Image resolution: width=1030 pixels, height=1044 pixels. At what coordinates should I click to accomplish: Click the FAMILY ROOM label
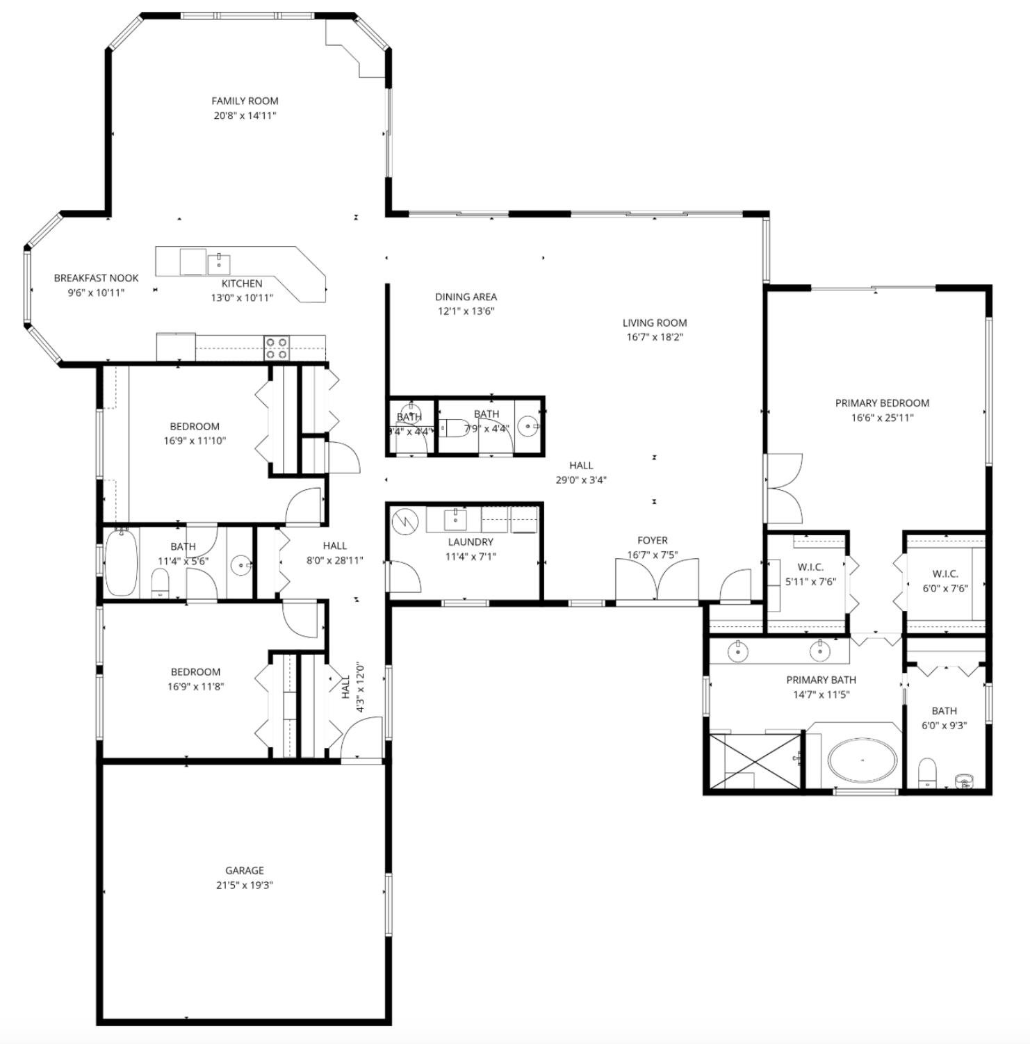pyautogui.click(x=245, y=101)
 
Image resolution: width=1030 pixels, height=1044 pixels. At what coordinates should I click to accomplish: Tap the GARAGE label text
pyautogui.click(x=245, y=870)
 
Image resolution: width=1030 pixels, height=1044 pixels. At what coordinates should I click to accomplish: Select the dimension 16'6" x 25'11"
pyautogui.click(x=882, y=418)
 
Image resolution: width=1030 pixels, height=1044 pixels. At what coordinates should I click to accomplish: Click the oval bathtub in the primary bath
pyautogui.click(x=862, y=760)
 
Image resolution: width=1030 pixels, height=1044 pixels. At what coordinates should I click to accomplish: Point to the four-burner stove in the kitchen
pyautogui.click(x=277, y=348)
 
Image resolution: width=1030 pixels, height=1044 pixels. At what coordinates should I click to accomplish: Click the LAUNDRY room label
pyautogui.click(x=471, y=541)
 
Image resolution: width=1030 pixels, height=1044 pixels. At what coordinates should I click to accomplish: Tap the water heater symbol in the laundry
pyautogui.click(x=404, y=521)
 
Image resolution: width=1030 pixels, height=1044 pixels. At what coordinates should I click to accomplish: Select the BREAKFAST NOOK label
pyautogui.click(x=96, y=278)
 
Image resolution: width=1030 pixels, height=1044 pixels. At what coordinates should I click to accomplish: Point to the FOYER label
pyautogui.click(x=652, y=540)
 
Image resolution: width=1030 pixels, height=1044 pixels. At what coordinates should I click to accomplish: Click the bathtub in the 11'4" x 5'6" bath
pyautogui.click(x=122, y=562)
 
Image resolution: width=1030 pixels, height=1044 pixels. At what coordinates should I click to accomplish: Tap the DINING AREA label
pyautogui.click(x=466, y=297)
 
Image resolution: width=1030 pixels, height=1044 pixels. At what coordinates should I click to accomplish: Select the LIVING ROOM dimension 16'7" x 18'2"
pyautogui.click(x=654, y=337)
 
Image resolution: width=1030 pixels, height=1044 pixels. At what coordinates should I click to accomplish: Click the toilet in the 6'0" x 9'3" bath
pyautogui.click(x=927, y=773)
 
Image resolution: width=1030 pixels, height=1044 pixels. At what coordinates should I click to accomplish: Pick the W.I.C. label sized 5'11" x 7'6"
pyautogui.click(x=810, y=567)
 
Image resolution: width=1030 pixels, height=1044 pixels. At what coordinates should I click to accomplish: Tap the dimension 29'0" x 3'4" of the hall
pyautogui.click(x=581, y=480)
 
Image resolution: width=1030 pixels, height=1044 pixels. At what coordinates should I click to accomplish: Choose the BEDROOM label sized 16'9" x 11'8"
pyautogui.click(x=195, y=672)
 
